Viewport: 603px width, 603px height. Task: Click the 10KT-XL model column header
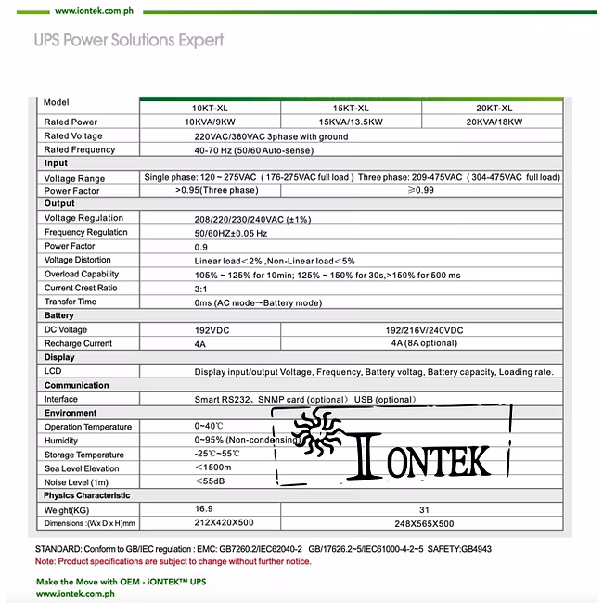click(x=209, y=108)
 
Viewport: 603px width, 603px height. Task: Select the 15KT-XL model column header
click(x=350, y=108)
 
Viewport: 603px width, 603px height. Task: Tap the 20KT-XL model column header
click(x=494, y=108)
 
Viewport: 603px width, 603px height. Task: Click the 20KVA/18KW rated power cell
click(x=494, y=122)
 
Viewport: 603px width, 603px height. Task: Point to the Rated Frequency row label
click(x=80, y=149)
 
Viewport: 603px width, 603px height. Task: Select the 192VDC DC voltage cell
click(x=212, y=330)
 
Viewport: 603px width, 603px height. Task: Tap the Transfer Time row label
click(x=71, y=301)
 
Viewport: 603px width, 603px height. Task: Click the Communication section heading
click(x=76, y=385)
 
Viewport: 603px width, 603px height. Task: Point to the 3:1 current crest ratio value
click(x=201, y=288)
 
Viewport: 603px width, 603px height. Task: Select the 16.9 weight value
click(x=204, y=509)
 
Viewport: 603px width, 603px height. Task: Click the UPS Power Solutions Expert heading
click(x=128, y=41)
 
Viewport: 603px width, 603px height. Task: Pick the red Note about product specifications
click(x=173, y=561)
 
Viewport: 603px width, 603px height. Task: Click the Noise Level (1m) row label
click(x=76, y=482)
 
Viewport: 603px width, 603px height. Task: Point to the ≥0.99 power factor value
click(x=421, y=190)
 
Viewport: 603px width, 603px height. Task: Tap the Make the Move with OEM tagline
click(x=121, y=581)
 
